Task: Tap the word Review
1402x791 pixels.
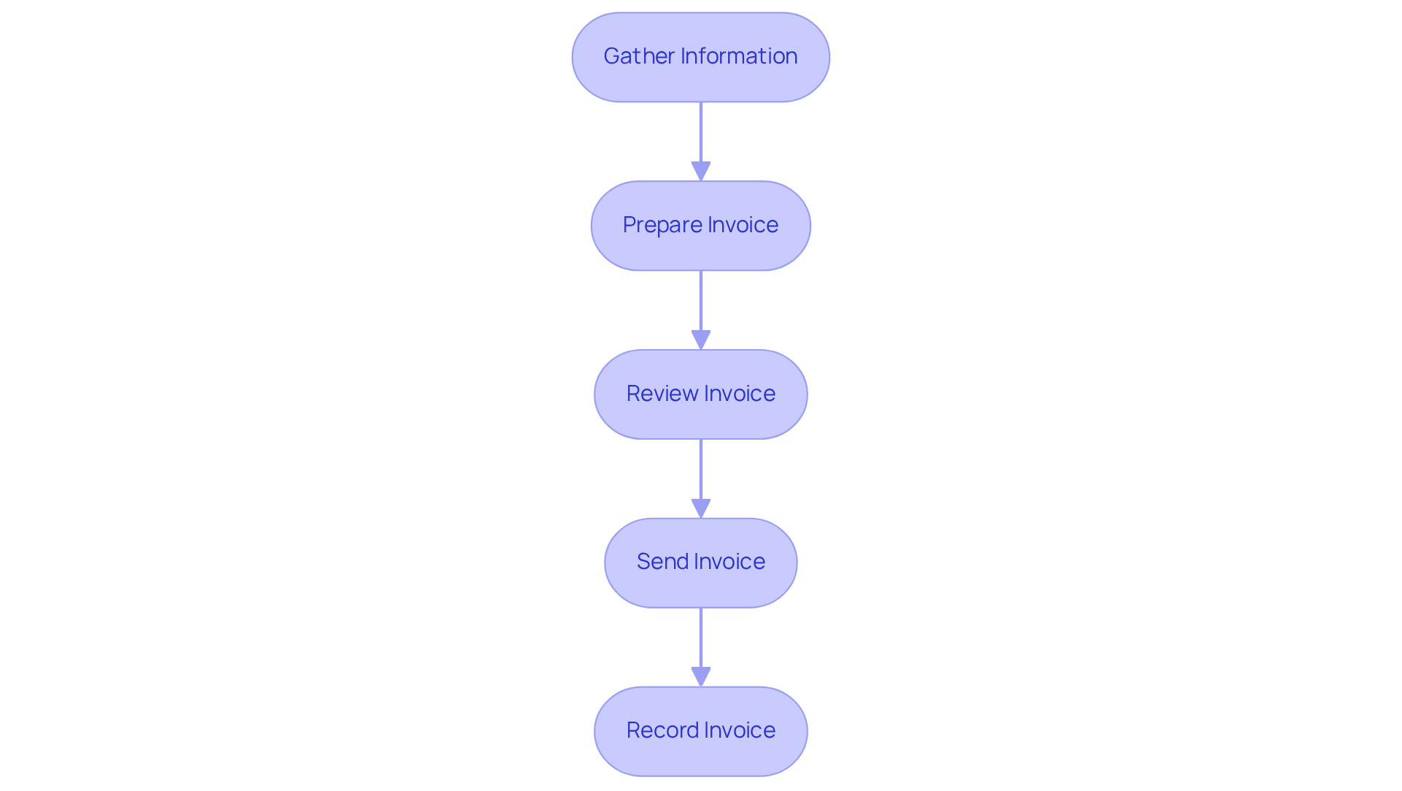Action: tap(662, 394)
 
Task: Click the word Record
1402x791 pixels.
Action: tap(662, 730)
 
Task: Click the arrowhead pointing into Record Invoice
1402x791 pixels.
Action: tap(701, 676)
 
